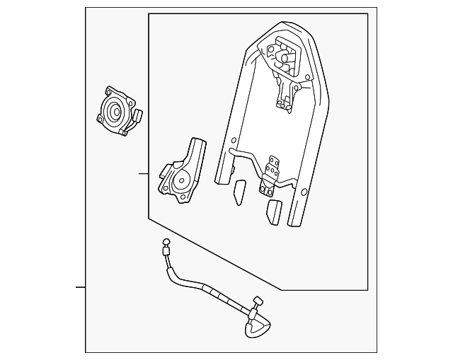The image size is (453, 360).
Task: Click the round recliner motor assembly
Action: (117, 111)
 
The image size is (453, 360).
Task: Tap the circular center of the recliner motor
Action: (113, 110)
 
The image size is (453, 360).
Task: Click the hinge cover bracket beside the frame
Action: (183, 173)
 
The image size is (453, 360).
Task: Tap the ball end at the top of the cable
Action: (166, 248)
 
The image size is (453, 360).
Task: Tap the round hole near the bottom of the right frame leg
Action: (303, 192)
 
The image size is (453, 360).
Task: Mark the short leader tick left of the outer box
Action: (81, 287)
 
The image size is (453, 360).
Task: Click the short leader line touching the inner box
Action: (144, 173)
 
